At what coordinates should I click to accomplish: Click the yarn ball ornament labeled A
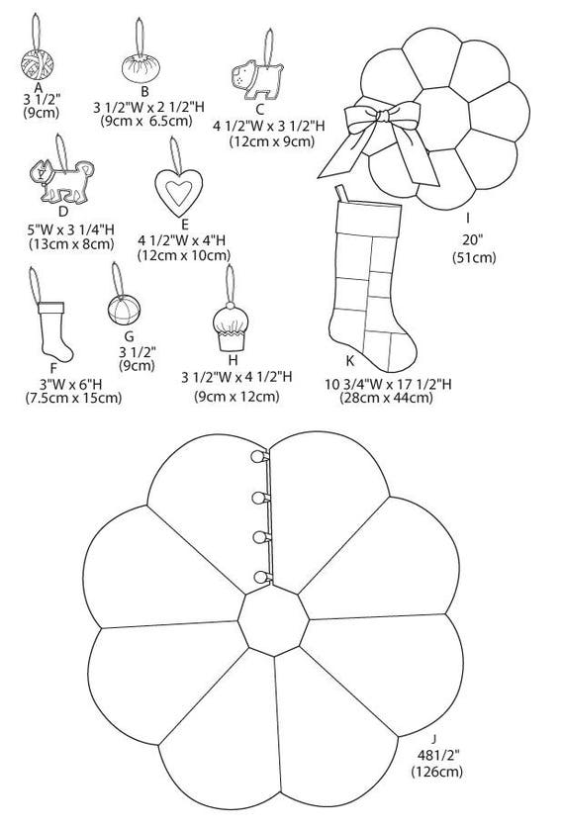(38, 64)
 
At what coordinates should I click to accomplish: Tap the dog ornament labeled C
(258, 78)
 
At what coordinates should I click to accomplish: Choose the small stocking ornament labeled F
(53, 330)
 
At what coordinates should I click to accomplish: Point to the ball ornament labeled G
(124, 310)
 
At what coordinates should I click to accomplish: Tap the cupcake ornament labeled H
(231, 328)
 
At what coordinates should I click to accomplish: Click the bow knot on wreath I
(383, 116)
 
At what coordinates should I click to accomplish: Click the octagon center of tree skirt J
(273, 620)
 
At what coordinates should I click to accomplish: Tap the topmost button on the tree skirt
(258, 456)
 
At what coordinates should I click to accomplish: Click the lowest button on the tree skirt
(260, 577)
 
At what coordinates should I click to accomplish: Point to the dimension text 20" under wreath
(472, 239)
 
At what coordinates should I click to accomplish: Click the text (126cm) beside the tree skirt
(436, 772)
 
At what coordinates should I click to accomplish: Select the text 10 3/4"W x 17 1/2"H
(388, 384)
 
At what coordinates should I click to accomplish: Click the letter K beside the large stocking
(350, 360)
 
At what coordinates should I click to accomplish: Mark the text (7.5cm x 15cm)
(73, 397)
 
